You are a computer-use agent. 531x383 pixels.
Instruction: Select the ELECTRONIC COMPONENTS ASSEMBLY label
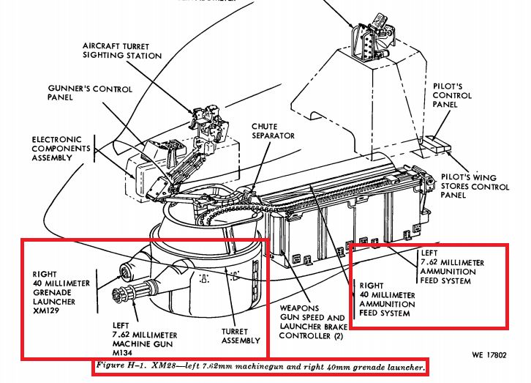pyautogui.click(x=61, y=149)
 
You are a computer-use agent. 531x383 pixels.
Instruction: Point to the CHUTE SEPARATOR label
pyautogui.click(x=274, y=130)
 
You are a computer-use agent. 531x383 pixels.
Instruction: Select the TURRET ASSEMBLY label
pyautogui.click(x=241, y=335)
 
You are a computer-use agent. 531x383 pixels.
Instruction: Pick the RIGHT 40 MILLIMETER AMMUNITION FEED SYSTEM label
pyautogui.click(x=384, y=300)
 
